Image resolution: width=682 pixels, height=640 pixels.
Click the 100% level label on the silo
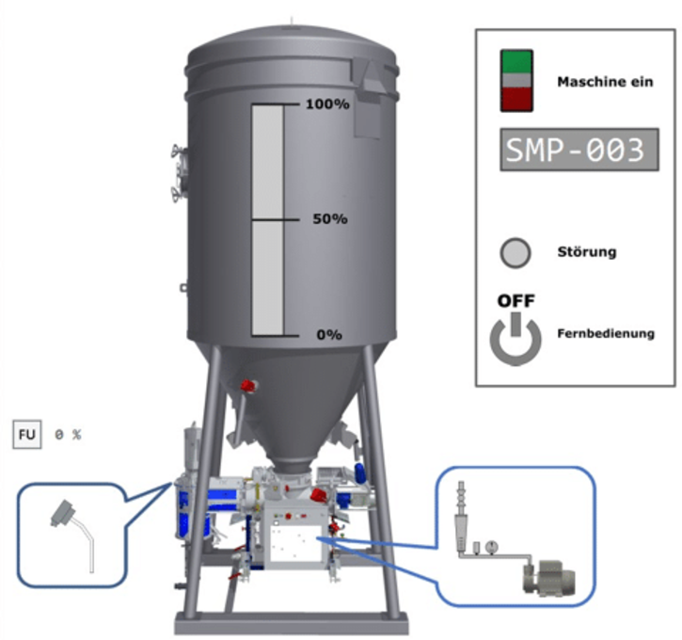327,104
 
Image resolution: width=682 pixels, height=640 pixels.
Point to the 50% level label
330,219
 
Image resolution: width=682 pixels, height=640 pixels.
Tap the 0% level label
329,334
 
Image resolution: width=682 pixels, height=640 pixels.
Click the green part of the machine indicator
516,61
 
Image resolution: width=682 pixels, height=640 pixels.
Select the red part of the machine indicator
516,99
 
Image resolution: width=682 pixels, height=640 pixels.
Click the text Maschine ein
605,82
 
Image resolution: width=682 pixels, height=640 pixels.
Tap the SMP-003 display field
579,150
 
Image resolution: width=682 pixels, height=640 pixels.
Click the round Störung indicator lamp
515,253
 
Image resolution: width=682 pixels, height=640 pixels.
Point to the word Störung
587,252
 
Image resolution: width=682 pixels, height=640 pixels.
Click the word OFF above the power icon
515,301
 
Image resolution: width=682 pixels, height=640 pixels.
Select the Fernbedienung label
606,334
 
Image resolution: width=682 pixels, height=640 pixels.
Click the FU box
27,434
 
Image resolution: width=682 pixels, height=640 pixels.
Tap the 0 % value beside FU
68,434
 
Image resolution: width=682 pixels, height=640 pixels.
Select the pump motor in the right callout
549,578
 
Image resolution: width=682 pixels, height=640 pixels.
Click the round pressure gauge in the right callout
491,547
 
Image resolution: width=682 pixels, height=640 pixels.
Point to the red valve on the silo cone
248,386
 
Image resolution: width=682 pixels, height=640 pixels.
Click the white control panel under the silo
295,543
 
